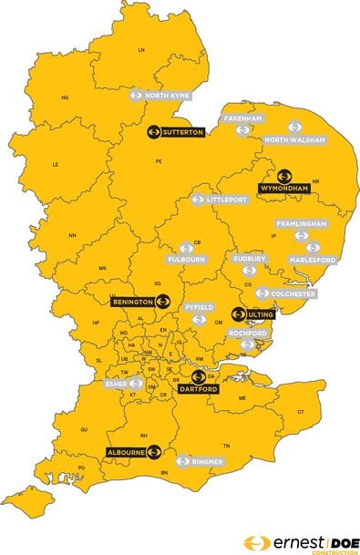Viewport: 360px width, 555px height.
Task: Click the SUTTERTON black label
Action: pyautogui.click(x=183, y=132)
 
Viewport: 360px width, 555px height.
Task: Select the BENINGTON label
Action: pyautogui.click(x=131, y=300)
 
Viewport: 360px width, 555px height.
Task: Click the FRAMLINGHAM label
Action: pyautogui.click(x=302, y=223)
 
